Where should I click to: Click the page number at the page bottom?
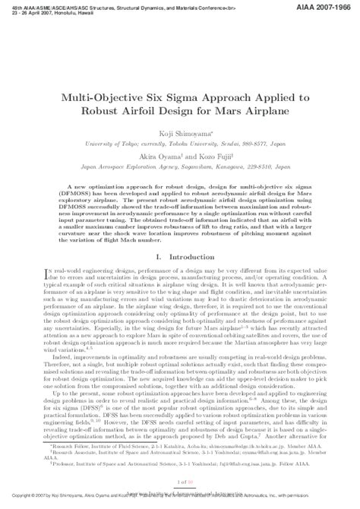(x=180, y=482)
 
